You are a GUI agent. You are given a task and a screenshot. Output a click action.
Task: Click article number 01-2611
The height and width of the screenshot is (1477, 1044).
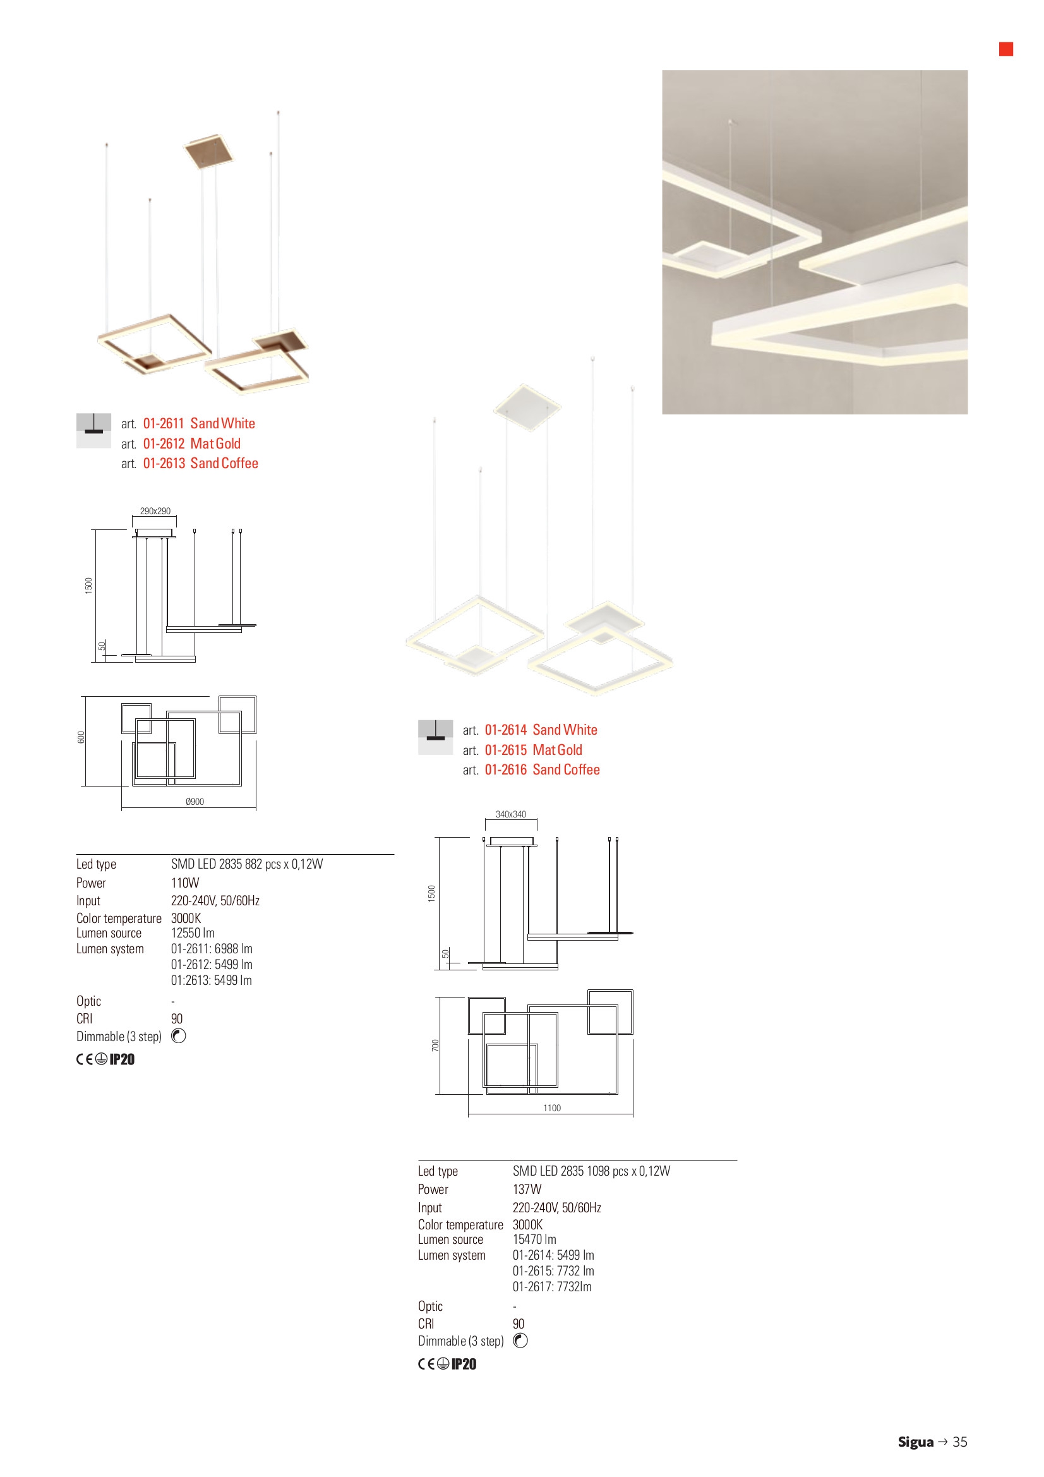164,423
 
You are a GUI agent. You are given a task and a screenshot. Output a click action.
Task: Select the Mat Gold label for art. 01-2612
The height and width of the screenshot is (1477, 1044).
215,443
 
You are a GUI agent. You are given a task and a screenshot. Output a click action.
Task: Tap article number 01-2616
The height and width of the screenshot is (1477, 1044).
506,769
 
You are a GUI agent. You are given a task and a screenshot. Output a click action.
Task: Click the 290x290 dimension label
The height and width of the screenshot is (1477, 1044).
155,511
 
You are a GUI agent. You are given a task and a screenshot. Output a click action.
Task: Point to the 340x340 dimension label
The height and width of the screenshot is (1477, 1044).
511,814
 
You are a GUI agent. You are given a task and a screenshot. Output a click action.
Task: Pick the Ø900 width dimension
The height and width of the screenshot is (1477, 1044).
195,802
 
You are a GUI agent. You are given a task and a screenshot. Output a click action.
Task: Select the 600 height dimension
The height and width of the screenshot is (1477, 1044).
81,737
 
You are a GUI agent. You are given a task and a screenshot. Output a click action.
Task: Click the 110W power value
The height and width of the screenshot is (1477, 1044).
185,883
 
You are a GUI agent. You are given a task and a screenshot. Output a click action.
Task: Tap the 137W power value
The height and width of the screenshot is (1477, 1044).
527,1189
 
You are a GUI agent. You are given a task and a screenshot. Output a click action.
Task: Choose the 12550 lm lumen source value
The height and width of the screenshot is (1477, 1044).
193,933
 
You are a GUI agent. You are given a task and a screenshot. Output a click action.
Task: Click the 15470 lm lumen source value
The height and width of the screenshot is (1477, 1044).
534,1239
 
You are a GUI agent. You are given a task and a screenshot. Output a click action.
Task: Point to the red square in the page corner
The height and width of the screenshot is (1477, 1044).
1006,49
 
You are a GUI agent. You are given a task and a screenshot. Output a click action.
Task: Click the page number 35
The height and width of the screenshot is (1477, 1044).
960,1442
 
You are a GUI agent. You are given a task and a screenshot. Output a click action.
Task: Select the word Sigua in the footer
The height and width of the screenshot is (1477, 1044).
915,1442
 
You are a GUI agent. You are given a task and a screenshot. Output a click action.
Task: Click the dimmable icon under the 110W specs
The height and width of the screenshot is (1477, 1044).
179,1035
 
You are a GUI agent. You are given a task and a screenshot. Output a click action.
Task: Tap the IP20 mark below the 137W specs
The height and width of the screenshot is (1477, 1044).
464,1364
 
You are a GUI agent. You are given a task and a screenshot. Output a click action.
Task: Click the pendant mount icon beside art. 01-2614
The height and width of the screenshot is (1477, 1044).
436,737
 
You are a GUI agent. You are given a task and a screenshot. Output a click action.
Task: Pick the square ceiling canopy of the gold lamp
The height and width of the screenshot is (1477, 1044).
208,152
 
